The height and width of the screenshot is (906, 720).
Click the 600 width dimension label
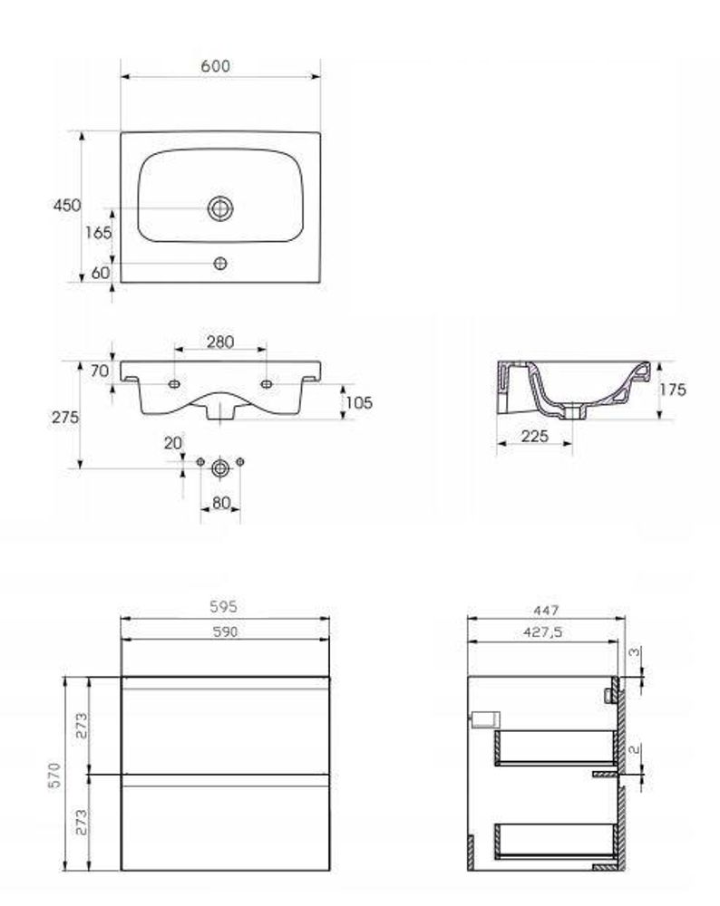click(215, 66)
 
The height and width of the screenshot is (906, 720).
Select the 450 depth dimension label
click(67, 205)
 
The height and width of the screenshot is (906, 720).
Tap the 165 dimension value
click(98, 232)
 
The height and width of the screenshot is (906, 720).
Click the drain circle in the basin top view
click(220, 208)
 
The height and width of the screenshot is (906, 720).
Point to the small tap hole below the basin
click(220, 264)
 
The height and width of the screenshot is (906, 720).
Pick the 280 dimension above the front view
click(220, 342)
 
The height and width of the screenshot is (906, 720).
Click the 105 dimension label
click(359, 403)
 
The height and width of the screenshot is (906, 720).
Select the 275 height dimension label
click(65, 417)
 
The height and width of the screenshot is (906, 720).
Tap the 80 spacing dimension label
click(221, 503)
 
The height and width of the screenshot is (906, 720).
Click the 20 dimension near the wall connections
click(173, 443)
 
